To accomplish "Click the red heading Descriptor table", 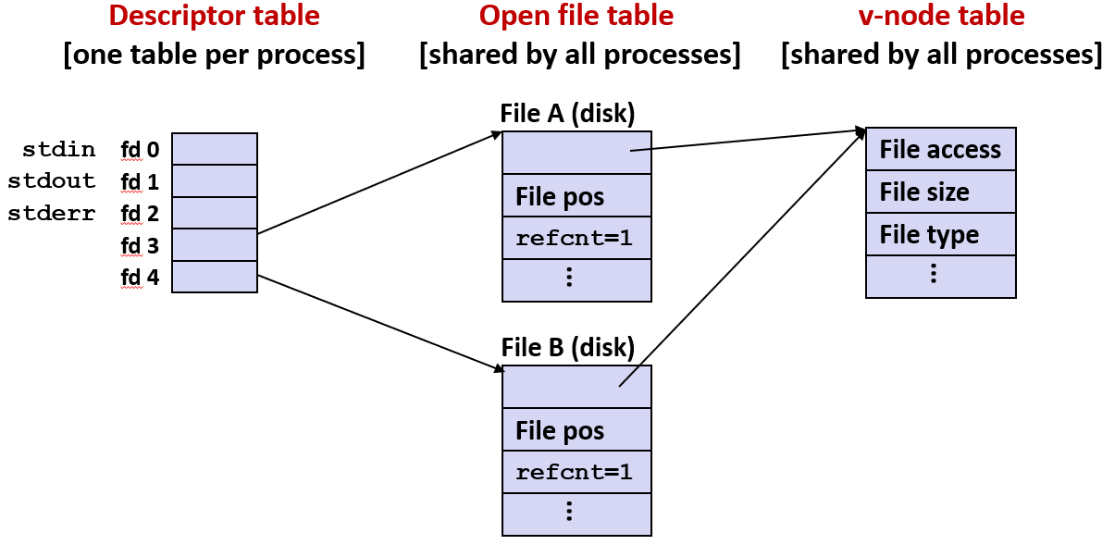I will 214,16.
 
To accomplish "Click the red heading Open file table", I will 576,16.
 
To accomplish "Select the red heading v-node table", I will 941,16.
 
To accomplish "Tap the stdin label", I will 58,149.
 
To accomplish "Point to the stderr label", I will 52,214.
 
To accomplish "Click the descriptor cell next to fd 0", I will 215,149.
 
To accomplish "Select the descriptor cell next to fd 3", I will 215,245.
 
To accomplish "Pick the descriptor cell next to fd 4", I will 215,277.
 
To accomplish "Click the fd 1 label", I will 140,181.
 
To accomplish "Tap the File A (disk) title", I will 567,114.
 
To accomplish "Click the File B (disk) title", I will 567,348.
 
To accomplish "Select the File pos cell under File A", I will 576,196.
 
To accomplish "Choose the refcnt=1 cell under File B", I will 576,473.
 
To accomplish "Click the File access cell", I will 940,150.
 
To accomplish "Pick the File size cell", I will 940,192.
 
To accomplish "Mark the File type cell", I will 940,235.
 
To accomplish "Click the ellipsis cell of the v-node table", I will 940,276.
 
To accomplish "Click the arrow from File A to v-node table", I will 750,140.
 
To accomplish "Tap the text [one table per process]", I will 214,55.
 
